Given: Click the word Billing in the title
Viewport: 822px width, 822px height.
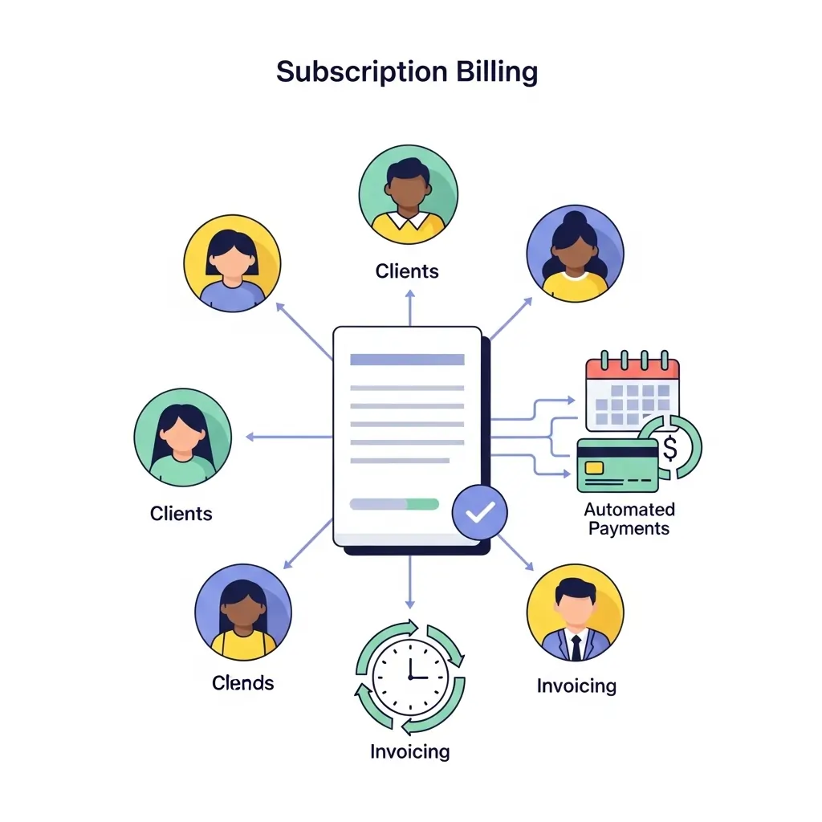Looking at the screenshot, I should (x=497, y=71).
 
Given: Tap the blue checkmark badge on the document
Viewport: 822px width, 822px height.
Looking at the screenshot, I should (x=479, y=511).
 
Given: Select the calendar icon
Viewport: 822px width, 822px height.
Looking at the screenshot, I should (x=633, y=393).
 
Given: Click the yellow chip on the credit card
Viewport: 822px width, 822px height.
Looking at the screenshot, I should (x=595, y=467).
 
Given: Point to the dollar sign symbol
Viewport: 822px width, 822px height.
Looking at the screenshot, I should (x=670, y=447).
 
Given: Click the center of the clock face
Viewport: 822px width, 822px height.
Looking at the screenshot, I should (x=410, y=677).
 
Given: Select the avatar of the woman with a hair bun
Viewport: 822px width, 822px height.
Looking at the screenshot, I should (x=575, y=253).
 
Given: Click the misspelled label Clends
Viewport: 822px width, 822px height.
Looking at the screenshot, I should (x=242, y=683).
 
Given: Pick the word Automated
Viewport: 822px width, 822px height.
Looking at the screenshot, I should (x=629, y=509).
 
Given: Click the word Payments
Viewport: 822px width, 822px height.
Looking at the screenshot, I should (x=629, y=528).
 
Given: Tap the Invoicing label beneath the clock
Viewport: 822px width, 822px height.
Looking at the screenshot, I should (x=409, y=751).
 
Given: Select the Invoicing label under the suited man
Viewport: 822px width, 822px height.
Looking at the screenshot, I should (x=576, y=686).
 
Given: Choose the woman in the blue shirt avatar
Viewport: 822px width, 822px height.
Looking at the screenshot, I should (x=232, y=262).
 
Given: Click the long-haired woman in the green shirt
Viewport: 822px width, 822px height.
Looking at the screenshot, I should (x=182, y=437).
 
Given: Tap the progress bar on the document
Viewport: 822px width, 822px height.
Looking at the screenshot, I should (x=394, y=504).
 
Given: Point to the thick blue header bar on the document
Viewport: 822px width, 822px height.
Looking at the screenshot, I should (x=407, y=360).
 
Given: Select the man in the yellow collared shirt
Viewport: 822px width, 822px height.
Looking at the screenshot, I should (x=408, y=194).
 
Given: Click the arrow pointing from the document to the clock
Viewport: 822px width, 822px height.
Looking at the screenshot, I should (x=410, y=582).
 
